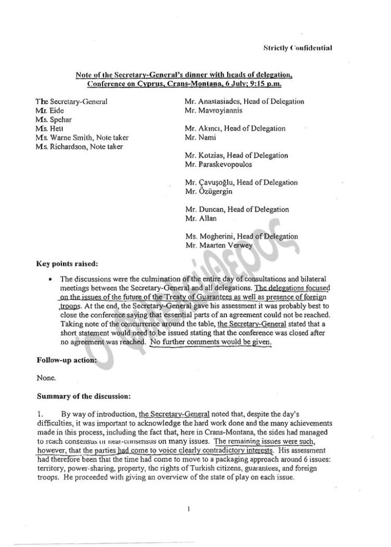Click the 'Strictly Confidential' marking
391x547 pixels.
(x=298, y=48)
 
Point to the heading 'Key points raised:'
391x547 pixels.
(x=67, y=263)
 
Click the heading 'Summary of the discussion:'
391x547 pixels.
(x=82, y=396)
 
